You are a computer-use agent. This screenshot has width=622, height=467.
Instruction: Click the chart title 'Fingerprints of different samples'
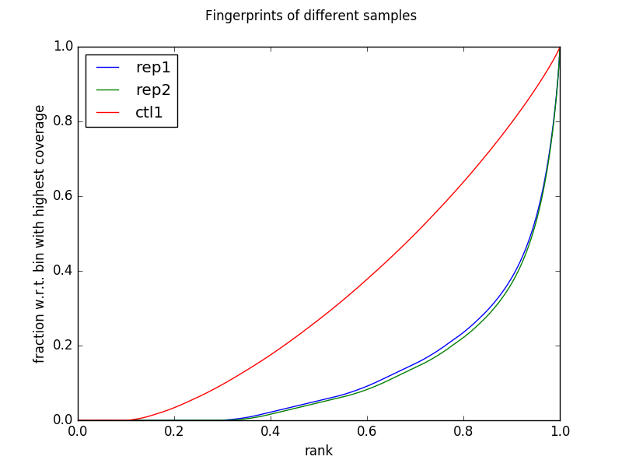coord(311,16)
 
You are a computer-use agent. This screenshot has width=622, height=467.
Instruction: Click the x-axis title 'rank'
coord(319,451)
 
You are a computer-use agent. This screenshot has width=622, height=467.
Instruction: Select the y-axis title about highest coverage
coord(40,233)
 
